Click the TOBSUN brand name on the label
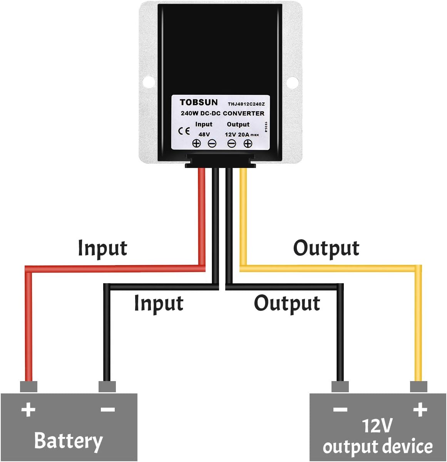pyautogui.click(x=198, y=102)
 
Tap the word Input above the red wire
pyautogui.click(x=102, y=248)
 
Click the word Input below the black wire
pyautogui.click(x=158, y=303)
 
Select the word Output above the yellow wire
pyautogui.click(x=326, y=248)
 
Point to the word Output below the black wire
pyautogui.click(x=287, y=303)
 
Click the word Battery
pyautogui.click(x=69, y=440)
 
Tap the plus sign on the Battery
pyautogui.click(x=28, y=410)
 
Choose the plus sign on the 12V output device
pyautogui.click(x=420, y=410)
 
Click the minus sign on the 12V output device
pyautogui.click(x=340, y=410)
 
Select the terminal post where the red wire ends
pyautogui.click(x=28, y=386)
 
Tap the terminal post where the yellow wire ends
pyautogui.click(x=419, y=386)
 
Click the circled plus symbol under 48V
pyautogui.click(x=196, y=144)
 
